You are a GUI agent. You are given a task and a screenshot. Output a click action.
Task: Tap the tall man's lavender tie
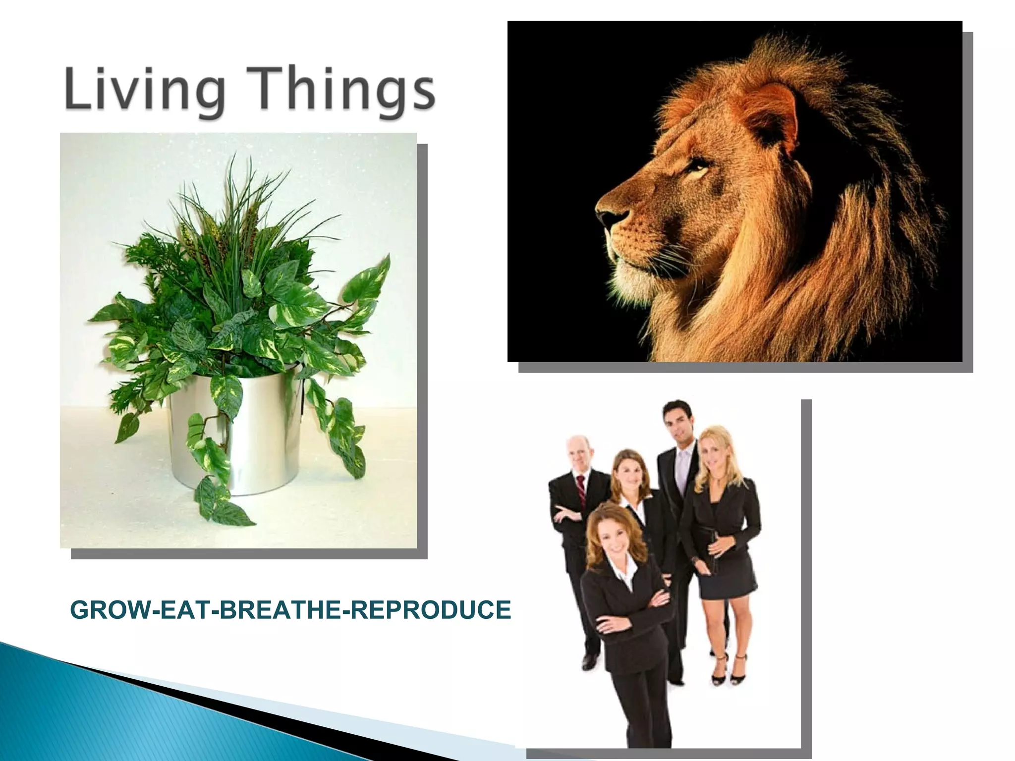(x=682, y=466)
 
